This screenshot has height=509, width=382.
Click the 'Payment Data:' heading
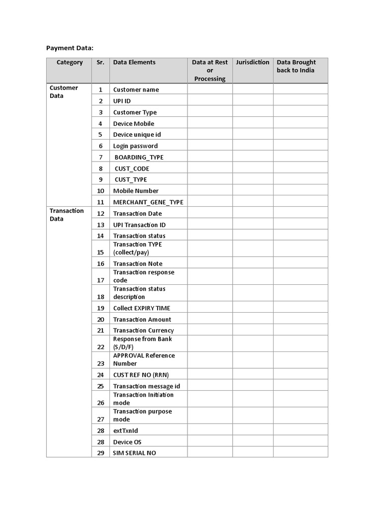pos(70,48)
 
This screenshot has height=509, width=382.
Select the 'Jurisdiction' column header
pos(253,63)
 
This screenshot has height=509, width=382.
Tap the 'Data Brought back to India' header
pos(296,66)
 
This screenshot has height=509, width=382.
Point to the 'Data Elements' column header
pos(134,63)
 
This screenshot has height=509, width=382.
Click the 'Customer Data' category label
pos(64,92)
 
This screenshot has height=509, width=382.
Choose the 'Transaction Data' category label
pos(67,215)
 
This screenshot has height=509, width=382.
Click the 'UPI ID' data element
pos(122,101)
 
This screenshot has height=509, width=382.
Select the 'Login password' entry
pos(135,146)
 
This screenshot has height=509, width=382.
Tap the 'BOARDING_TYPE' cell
pos(139,157)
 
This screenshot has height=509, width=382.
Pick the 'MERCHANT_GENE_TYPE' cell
pos(148,202)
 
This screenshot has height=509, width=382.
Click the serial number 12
pos(101,214)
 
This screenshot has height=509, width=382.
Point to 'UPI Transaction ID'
pos(139,225)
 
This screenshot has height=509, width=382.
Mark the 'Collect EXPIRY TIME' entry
pos(142,308)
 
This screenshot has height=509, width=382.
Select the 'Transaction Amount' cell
pos(142,320)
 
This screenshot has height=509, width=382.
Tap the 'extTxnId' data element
pos(126,430)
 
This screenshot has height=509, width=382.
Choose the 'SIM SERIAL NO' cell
pos(134,453)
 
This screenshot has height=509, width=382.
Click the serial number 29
pos(101,453)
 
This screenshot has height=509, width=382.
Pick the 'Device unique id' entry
pos(137,135)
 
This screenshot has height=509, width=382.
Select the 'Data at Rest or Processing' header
pos(210,70)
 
